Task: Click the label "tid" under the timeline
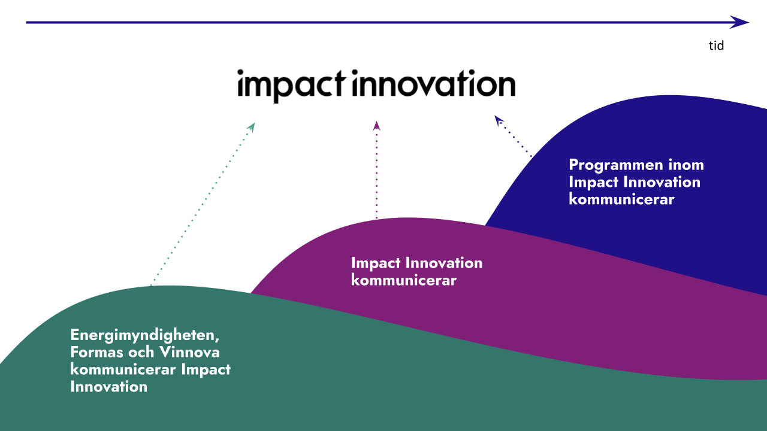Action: [716, 45]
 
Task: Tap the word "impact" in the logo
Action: [291, 85]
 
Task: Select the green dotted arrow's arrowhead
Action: [252, 127]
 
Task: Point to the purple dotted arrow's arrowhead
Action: [376, 126]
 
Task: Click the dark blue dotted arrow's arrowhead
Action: [498, 120]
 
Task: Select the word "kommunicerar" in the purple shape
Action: [404, 280]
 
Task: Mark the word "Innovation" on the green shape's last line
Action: [108, 387]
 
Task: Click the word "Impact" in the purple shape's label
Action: [376, 263]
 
